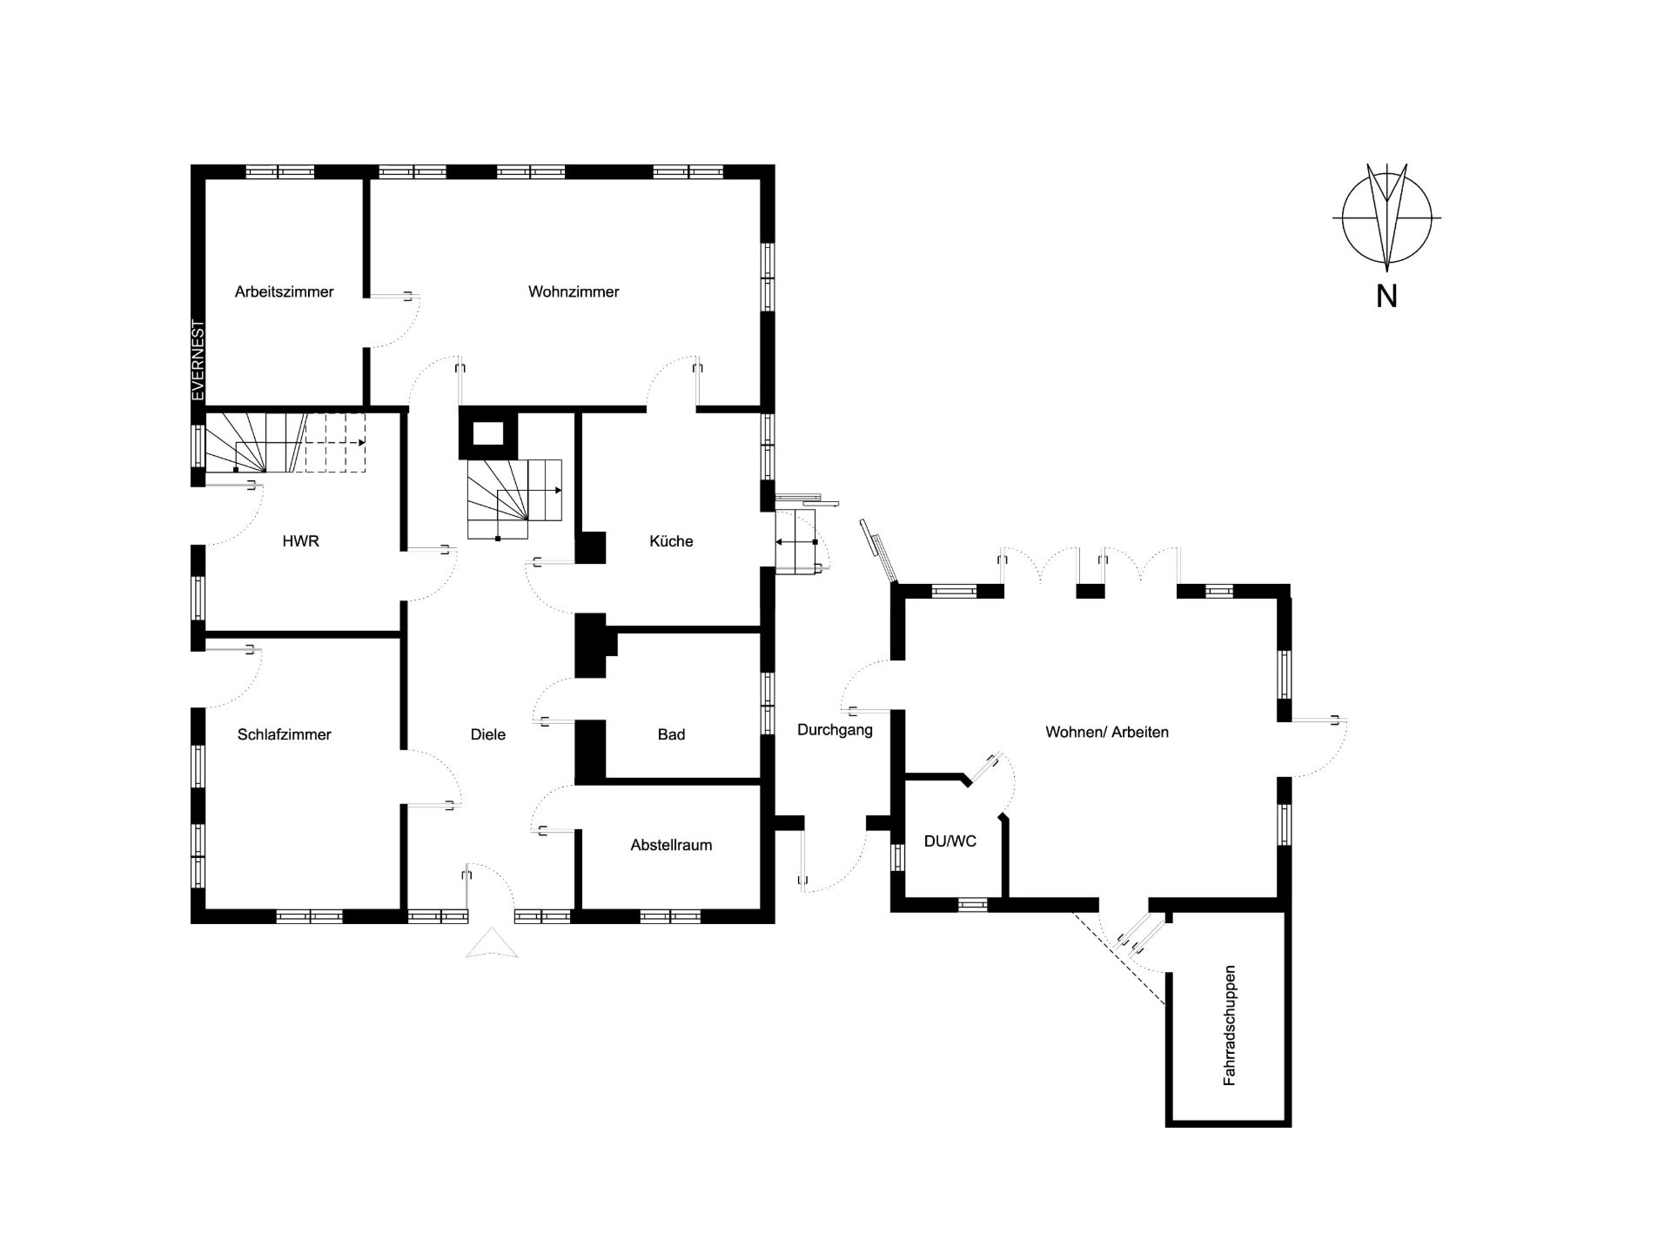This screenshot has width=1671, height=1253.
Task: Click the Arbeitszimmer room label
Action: click(x=284, y=291)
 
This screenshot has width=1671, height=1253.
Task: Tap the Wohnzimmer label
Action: click(x=574, y=291)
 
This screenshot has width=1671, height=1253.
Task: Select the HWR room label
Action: click(x=300, y=541)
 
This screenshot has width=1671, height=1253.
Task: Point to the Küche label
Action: click(x=671, y=541)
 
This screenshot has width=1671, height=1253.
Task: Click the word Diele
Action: click(x=487, y=734)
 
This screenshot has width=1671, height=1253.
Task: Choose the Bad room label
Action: click(x=671, y=734)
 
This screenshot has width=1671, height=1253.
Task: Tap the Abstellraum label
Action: click(x=671, y=845)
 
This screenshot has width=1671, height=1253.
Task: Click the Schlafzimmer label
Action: click(x=284, y=734)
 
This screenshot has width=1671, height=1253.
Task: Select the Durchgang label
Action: click(x=835, y=730)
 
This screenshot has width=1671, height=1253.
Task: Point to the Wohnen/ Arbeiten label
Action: click(x=1107, y=732)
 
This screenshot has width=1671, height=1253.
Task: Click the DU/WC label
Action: click(x=950, y=841)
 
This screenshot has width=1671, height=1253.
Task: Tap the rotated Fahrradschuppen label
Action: click(x=1229, y=1025)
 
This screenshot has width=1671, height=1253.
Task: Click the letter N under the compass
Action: click(x=1386, y=296)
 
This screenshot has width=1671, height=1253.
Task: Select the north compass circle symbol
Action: click(x=1386, y=217)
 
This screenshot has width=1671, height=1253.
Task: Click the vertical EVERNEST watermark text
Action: click(x=198, y=360)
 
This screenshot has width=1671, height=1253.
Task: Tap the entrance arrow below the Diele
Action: click(x=492, y=944)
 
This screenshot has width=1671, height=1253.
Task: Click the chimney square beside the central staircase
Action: click(x=488, y=433)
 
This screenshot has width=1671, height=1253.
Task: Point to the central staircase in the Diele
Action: click(x=514, y=499)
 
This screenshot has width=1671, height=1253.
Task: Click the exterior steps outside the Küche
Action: click(x=799, y=541)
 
